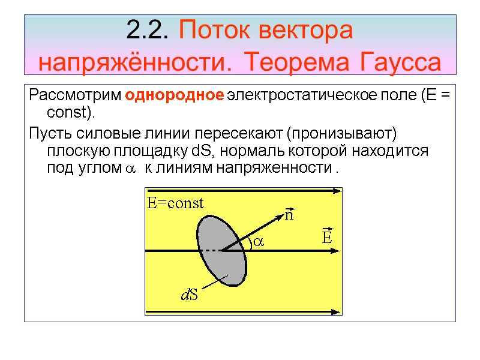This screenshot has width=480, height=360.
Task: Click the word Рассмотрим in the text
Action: coord(76,96)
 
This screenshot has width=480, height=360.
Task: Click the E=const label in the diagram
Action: coord(175,203)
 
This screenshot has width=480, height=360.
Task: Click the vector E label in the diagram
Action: coord(327,236)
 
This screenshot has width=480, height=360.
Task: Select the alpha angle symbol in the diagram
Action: coord(259,241)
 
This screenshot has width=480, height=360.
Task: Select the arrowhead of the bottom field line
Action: coord(336,312)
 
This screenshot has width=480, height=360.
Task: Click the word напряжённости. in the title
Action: coord(134,61)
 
